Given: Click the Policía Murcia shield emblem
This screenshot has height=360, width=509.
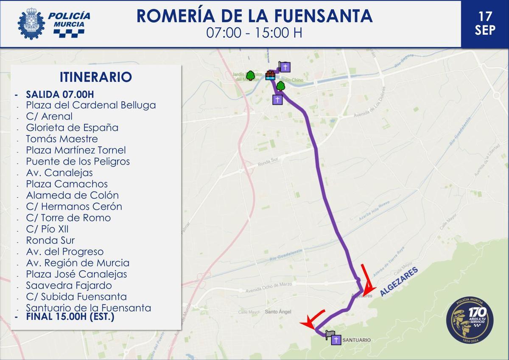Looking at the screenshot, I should click(31, 24).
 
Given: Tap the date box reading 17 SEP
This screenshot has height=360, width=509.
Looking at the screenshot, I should click(485, 23).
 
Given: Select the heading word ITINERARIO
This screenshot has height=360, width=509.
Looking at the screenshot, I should click(96, 77).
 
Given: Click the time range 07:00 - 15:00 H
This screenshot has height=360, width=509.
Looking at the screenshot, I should click(254, 33).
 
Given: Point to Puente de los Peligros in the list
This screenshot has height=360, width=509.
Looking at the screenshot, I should click(78, 162).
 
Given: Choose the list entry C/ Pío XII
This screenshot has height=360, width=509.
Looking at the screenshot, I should click(47, 229).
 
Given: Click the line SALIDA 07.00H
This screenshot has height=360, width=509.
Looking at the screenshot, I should click(59, 94).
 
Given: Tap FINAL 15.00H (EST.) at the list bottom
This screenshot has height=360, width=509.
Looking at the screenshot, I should click(70, 316).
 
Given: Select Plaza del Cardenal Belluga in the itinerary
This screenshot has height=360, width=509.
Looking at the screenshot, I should click(91, 105).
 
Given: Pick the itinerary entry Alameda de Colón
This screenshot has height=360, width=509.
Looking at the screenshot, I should click(72, 195).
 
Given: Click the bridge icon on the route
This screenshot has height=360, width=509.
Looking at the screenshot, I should click(270, 75).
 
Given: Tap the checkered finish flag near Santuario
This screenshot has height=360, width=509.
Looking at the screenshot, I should click(330, 335).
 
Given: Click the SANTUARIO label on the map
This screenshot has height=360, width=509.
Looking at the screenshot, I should click(356, 340).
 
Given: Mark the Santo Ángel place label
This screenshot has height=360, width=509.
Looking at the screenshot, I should click(278, 312).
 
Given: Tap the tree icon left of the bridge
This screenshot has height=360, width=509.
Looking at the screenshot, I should click(251, 75).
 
